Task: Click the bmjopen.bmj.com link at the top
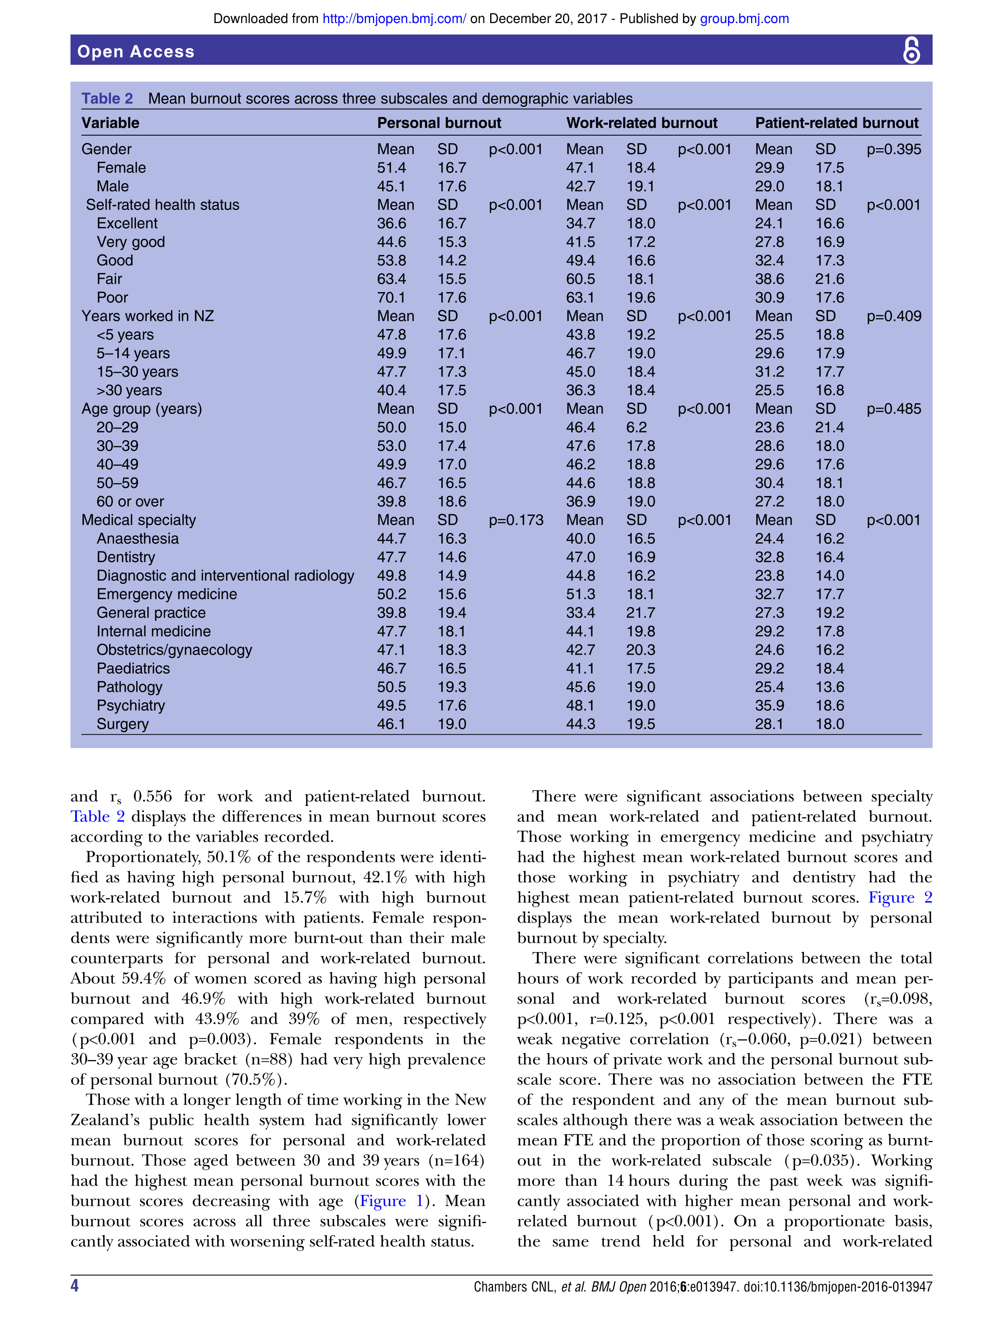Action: [x=394, y=19]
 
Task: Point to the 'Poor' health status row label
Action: [x=112, y=298]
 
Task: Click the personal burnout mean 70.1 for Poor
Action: [x=391, y=298]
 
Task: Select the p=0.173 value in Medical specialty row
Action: [x=516, y=520]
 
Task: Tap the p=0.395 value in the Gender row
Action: [x=893, y=149]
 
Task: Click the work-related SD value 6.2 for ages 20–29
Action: [x=636, y=428]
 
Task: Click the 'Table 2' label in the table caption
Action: [x=107, y=99]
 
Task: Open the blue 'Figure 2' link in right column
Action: [x=899, y=898]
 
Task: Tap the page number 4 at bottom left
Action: [x=74, y=1285]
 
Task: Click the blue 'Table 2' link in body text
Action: [x=97, y=816]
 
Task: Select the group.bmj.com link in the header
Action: [x=744, y=19]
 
